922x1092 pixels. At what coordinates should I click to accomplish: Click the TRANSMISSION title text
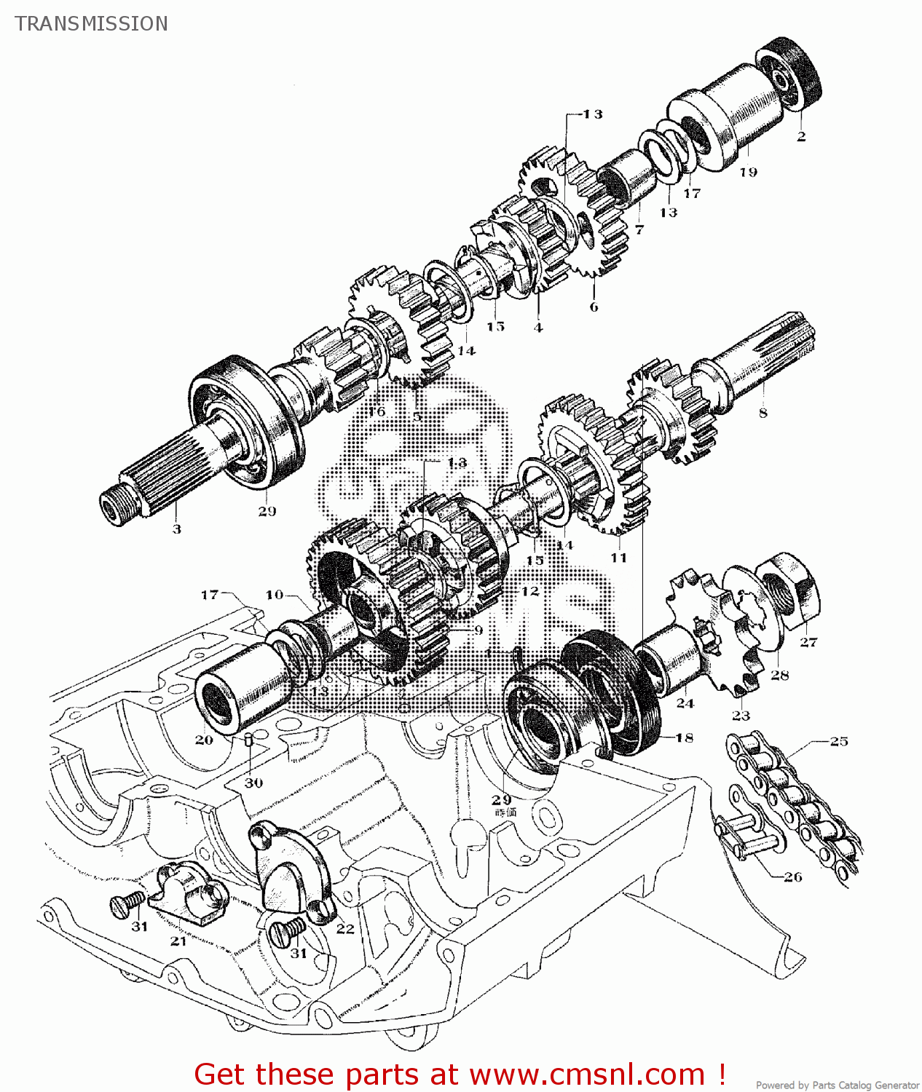[91, 24]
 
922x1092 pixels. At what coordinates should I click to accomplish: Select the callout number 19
[748, 173]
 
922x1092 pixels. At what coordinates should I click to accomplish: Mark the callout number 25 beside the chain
[839, 741]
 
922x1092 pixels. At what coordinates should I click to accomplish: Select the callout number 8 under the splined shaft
[763, 413]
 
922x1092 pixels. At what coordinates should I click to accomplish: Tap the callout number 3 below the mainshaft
[176, 529]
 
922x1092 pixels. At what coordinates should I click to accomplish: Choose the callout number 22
[345, 929]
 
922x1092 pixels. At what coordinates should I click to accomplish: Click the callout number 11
[618, 558]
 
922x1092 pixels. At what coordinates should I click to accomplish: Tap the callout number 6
[594, 306]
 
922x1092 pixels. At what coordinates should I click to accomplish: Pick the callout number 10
[274, 595]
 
